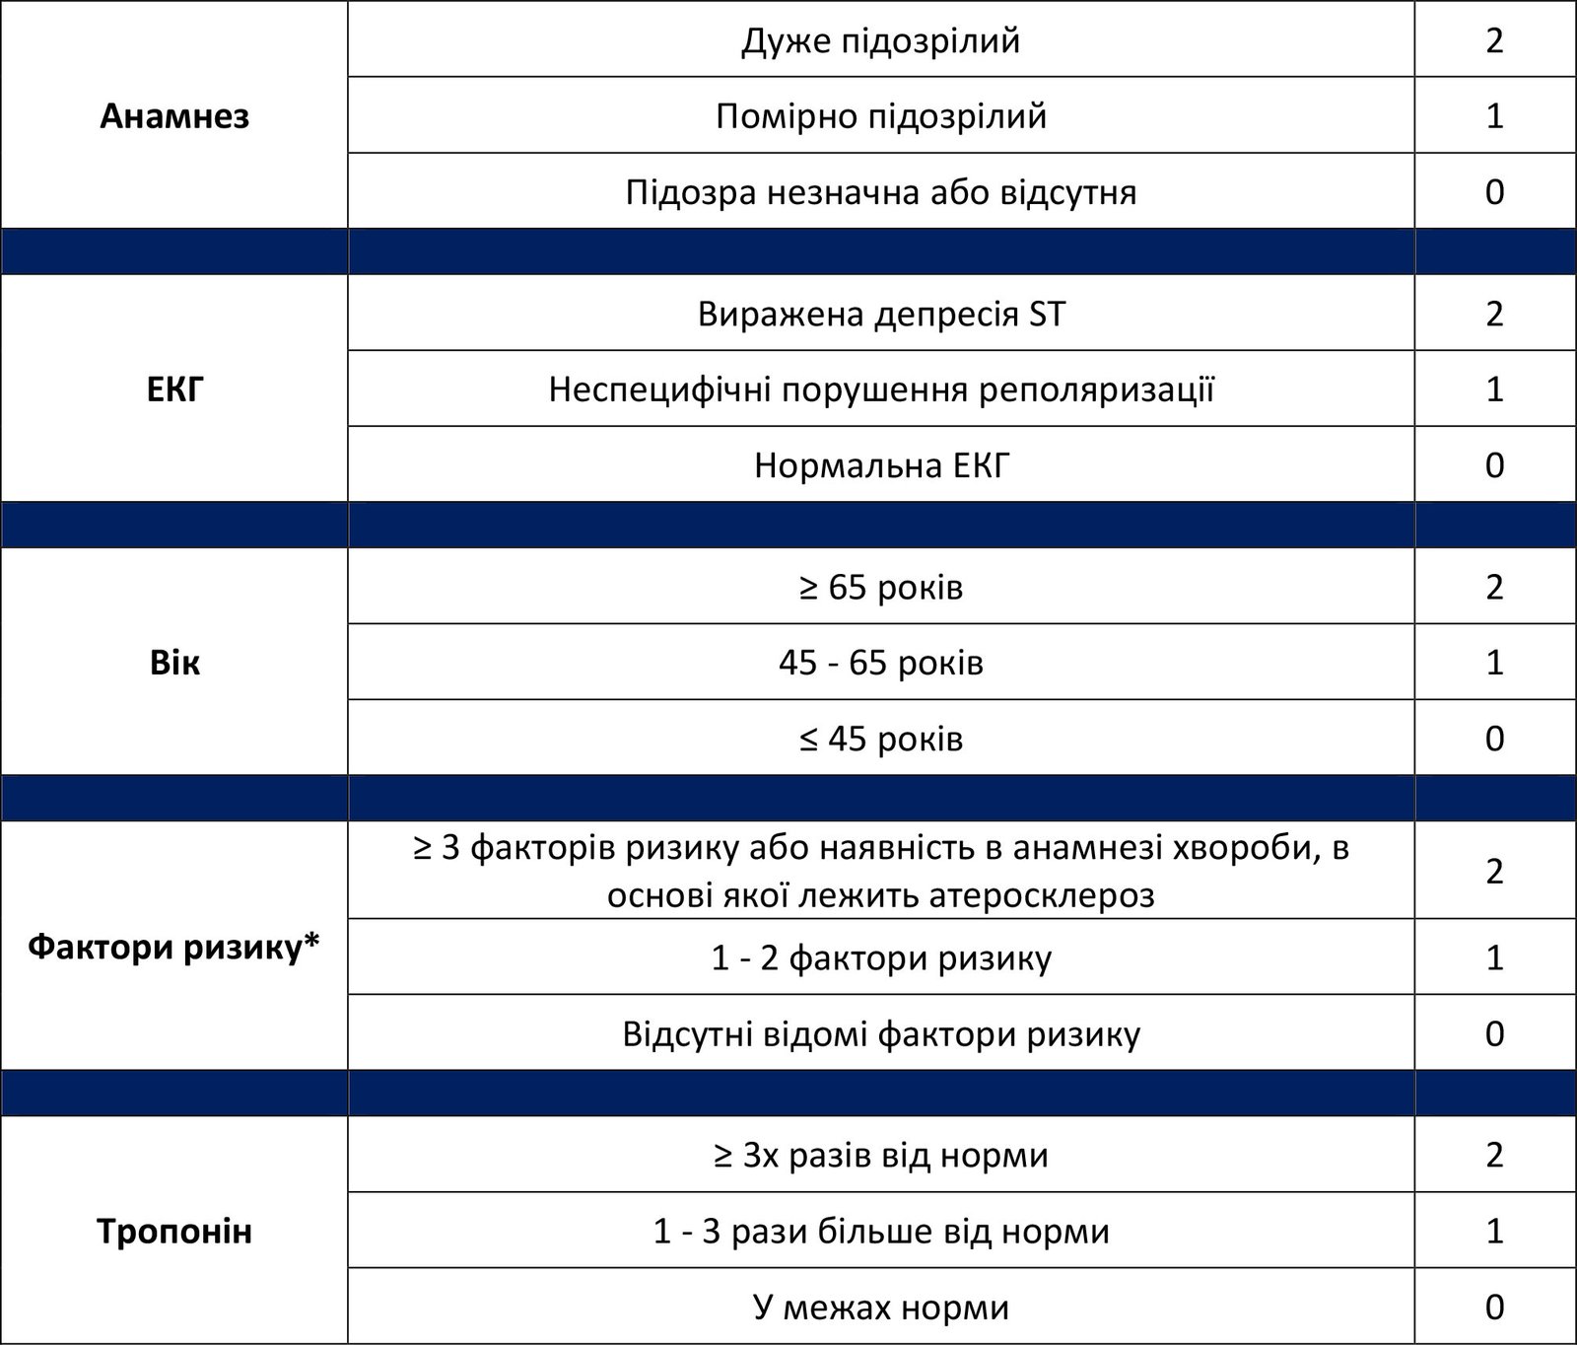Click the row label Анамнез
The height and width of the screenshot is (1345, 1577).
tap(174, 116)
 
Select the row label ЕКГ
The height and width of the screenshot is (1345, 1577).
tap(174, 389)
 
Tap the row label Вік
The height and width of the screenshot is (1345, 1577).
tap(174, 663)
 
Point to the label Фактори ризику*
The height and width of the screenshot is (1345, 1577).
tap(174, 948)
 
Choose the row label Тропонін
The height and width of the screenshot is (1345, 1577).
tap(174, 1232)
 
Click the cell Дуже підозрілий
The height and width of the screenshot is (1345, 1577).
tap(881, 40)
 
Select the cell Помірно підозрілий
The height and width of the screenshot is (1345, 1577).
tap(881, 116)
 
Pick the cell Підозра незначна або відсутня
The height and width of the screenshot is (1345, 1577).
tap(881, 191)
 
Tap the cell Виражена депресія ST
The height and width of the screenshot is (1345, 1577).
tap(881, 314)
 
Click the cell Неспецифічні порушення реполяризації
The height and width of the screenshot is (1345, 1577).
tap(881, 389)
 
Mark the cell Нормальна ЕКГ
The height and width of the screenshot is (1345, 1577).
tap(881, 465)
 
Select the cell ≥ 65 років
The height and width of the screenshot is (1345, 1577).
tap(881, 587)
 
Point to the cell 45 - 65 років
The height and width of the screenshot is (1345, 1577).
tap(881, 663)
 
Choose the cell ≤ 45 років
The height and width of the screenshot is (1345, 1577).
tap(881, 739)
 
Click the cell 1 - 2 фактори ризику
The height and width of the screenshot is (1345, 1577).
tap(881, 957)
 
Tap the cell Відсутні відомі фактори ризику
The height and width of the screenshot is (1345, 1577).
tap(881, 1033)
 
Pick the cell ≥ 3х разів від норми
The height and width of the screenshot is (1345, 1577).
tap(881, 1155)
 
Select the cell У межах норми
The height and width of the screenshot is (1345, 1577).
tap(881, 1308)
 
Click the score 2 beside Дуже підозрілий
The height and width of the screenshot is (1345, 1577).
tap(1494, 40)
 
